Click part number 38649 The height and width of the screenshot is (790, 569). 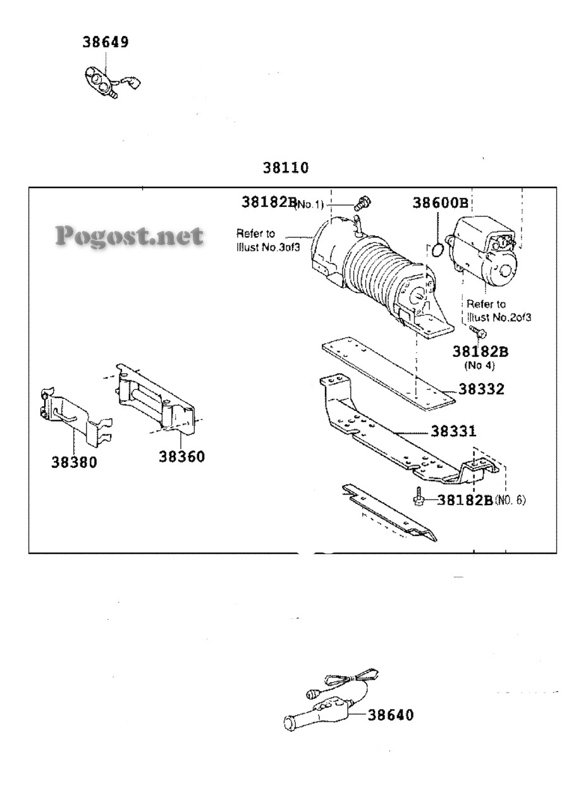[106, 42]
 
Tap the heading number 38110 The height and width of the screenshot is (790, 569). [286, 168]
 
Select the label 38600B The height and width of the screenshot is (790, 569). [440, 203]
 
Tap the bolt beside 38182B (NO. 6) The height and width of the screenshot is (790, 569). [418, 498]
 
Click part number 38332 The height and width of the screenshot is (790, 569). [481, 389]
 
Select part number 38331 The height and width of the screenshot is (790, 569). [453, 431]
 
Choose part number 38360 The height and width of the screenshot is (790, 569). [182, 457]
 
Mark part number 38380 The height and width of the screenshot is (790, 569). [74, 462]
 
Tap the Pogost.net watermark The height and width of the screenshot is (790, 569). [130, 236]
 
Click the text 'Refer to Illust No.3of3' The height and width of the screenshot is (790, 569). [268, 240]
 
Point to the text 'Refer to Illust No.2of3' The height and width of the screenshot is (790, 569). [499, 310]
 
